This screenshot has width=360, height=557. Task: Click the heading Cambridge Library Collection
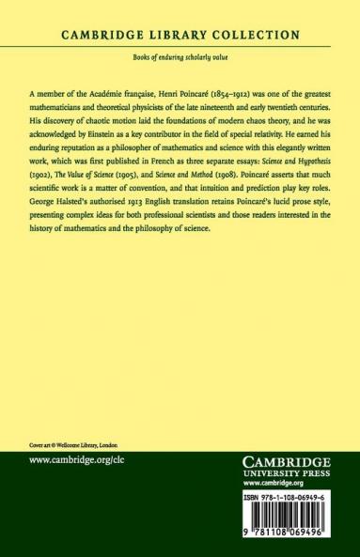point(180,35)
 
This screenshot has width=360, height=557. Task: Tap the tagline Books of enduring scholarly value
point(180,59)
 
